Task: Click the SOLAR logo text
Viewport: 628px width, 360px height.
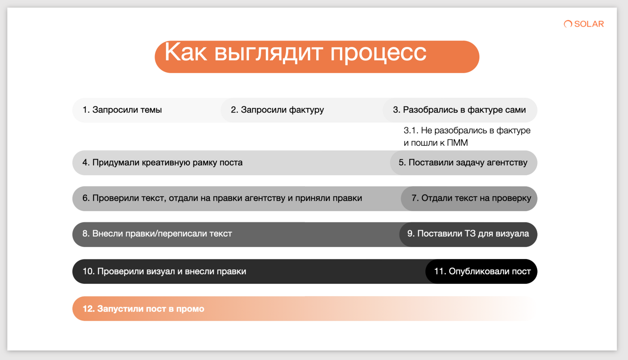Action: tap(589, 24)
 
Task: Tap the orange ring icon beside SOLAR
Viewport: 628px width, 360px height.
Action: tap(568, 24)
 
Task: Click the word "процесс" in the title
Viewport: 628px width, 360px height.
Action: tap(378, 53)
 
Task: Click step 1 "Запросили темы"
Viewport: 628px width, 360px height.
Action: tap(122, 110)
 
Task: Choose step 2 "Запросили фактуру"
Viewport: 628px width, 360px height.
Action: tap(277, 110)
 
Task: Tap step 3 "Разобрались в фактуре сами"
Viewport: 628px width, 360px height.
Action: tap(459, 110)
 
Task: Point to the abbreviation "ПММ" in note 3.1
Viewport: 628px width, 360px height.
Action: tap(457, 143)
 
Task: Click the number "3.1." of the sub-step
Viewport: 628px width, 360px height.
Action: tap(411, 131)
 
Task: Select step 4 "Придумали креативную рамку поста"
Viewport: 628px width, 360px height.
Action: tap(162, 163)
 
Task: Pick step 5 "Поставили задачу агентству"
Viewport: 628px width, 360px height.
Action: tap(463, 163)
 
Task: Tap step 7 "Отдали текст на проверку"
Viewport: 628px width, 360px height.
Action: tap(471, 198)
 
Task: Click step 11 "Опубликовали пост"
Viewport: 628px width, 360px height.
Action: tap(482, 271)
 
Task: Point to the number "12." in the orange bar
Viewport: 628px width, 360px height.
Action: tap(89, 309)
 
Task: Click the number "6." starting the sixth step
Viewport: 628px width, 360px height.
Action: tap(86, 198)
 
